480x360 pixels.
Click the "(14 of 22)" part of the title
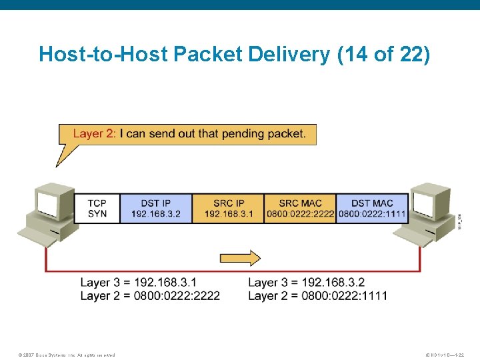click(385, 54)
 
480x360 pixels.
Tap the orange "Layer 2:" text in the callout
click(94, 133)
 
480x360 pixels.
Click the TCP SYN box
click(97, 209)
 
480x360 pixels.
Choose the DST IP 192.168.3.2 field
click(156, 209)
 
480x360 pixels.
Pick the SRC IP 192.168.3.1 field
click(229, 209)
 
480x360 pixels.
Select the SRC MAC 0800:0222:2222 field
click(300, 209)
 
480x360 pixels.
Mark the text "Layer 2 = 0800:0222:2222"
click(150, 295)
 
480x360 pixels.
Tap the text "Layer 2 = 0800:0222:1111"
click(317, 295)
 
